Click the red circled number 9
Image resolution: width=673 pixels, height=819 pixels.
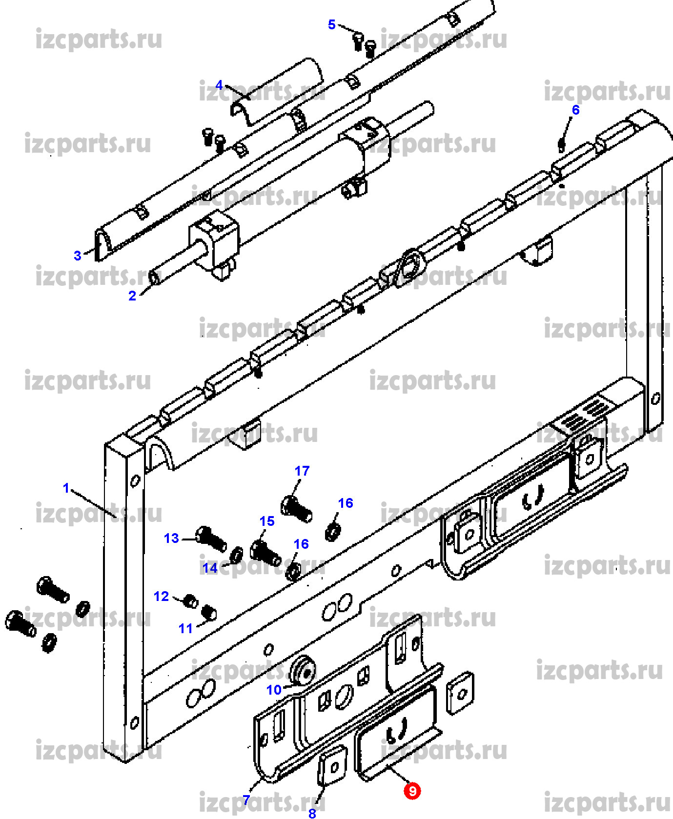(412, 790)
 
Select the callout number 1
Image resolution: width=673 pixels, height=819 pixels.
(66, 487)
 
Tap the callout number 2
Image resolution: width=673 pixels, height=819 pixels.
(132, 296)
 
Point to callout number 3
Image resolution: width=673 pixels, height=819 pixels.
(77, 255)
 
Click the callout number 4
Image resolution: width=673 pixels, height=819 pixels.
(219, 85)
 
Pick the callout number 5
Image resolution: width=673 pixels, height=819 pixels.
(332, 24)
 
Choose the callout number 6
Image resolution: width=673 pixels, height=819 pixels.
(575, 110)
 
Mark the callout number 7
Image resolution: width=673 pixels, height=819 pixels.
(246, 799)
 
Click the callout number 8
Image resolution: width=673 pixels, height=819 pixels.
(312, 813)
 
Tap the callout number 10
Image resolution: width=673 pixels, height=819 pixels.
(274, 690)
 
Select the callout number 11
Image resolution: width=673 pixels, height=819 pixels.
(185, 628)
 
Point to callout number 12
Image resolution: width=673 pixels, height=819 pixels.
(161, 596)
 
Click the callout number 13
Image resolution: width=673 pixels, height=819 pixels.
(171, 538)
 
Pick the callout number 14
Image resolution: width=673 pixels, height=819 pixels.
(210, 568)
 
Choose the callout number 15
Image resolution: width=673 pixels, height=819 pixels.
(267, 521)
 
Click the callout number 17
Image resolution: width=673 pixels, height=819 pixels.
(302, 471)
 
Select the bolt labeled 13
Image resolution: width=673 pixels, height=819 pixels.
(211, 539)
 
